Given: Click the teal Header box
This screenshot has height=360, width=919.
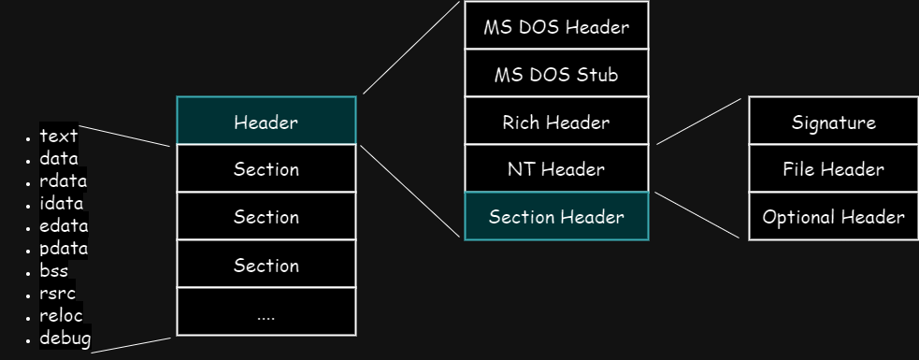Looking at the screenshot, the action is [266, 121].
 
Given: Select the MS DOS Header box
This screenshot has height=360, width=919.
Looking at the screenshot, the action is [556, 25].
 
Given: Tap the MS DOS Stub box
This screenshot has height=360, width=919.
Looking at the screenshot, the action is [556, 73].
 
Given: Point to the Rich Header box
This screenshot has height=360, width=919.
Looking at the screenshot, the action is [556, 121].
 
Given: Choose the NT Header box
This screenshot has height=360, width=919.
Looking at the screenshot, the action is [556, 168].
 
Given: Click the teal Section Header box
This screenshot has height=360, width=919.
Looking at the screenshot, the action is [556, 216].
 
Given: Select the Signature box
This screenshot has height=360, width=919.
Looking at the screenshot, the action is [833, 121].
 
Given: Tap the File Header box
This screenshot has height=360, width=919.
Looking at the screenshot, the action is [833, 168].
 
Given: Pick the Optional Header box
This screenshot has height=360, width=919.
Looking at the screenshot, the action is [833, 216].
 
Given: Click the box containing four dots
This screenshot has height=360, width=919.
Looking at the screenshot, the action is [266, 311].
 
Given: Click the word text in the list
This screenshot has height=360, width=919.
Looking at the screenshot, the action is [59, 136].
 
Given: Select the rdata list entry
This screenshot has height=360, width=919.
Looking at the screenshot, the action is [63, 180].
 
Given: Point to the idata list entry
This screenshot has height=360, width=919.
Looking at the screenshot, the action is [61, 203].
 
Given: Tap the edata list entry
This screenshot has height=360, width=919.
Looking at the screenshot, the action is [64, 225].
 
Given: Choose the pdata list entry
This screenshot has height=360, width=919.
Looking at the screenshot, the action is [64, 249].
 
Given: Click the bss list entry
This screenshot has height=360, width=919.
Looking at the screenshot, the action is [54, 271].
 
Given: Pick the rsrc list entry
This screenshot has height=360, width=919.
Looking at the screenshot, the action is [57, 294].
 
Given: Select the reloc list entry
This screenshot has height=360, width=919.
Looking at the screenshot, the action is [61, 315].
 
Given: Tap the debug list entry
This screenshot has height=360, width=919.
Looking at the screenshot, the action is [65, 338].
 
